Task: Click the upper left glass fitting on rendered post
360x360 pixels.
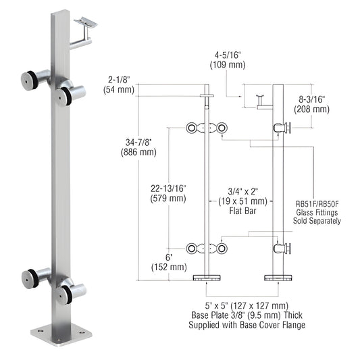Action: coord(36,76)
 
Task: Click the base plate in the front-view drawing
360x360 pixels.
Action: coord(208,278)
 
